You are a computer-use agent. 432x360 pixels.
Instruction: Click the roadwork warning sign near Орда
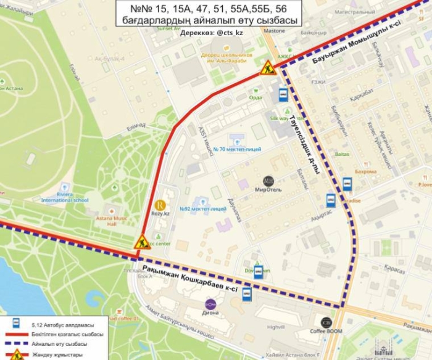coord(267,67)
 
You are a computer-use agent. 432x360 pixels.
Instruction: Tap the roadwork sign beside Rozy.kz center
coord(143,242)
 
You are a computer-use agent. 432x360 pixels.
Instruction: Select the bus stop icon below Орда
coord(283,94)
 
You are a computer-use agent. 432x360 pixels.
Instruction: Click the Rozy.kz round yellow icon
coord(160,205)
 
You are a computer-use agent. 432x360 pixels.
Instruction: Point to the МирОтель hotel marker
coord(268,180)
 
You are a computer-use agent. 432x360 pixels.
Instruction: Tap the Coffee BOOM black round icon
coord(326,322)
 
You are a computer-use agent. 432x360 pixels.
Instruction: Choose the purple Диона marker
coord(210,304)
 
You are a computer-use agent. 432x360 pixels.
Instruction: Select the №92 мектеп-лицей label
coord(203,209)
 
